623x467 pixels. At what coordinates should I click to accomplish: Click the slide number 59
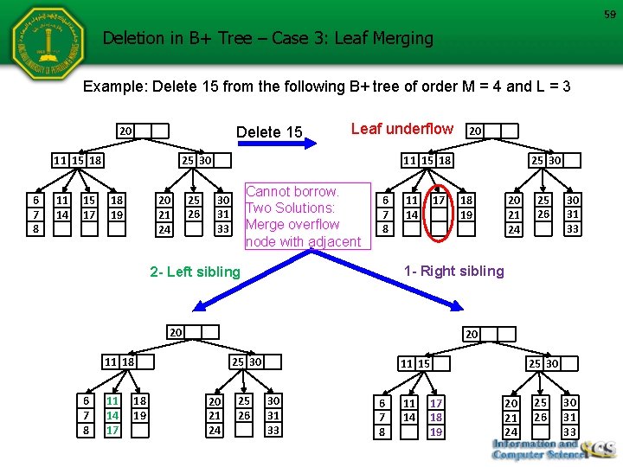coord(609,14)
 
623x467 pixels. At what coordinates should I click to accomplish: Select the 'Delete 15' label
coord(270,132)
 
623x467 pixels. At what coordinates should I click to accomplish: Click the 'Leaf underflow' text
coord(401,129)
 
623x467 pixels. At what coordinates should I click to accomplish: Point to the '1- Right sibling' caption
coord(454,271)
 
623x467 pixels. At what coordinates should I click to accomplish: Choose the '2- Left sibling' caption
coord(195,272)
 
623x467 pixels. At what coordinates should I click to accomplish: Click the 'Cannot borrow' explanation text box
coord(304,216)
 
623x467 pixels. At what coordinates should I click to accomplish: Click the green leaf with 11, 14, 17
coord(112,416)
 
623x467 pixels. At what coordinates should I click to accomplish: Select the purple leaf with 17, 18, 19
coord(436,417)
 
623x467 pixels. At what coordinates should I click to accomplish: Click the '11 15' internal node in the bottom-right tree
coord(414,365)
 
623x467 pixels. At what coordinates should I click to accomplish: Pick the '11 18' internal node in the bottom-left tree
coord(119,361)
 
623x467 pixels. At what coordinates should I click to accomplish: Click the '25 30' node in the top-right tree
coord(546,160)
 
